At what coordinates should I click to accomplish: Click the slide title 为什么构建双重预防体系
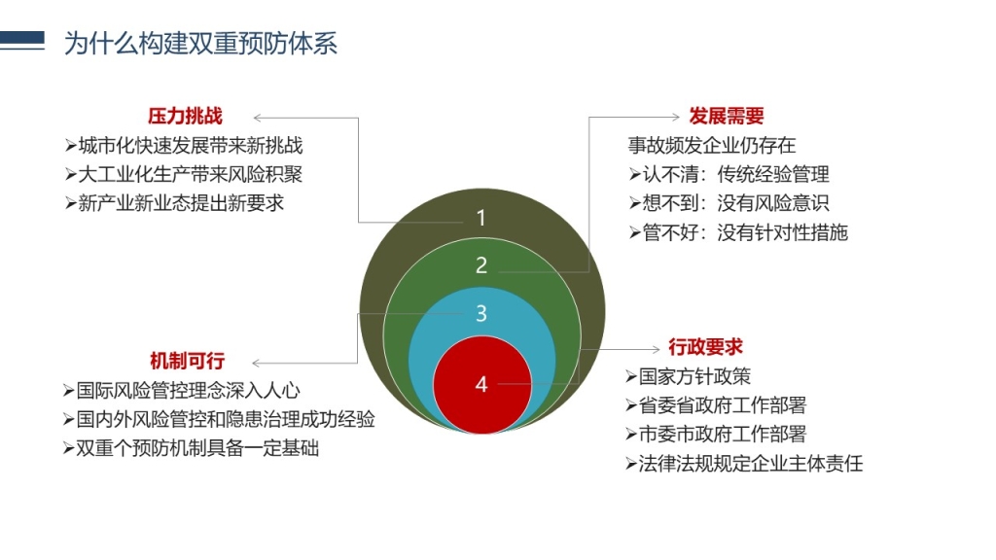click(200, 43)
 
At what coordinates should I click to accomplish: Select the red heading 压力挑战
click(185, 117)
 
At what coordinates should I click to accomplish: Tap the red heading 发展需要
click(727, 117)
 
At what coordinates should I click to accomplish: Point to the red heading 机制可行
click(188, 362)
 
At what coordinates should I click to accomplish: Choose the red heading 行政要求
click(705, 347)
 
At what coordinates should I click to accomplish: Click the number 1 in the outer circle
click(480, 218)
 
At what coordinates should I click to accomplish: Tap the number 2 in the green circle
click(481, 264)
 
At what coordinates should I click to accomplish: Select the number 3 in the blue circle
click(481, 313)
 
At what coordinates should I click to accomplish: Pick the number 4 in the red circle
click(481, 384)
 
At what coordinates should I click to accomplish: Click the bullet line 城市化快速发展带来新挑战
click(184, 146)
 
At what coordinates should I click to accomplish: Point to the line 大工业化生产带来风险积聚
click(184, 174)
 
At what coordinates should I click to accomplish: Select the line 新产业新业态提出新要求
click(174, 203)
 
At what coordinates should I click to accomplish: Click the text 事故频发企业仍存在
click(711, 146)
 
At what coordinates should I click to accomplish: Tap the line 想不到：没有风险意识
click(729, 203)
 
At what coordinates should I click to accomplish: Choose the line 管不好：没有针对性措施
click(739, 232)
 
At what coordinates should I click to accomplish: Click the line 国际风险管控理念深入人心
click(182, 391)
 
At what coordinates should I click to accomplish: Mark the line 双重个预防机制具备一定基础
click(192, 448)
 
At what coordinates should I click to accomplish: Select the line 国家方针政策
click(688, 376)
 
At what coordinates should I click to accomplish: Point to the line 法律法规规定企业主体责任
click(744, 464)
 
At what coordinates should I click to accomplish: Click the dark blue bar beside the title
click(22, 40)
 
